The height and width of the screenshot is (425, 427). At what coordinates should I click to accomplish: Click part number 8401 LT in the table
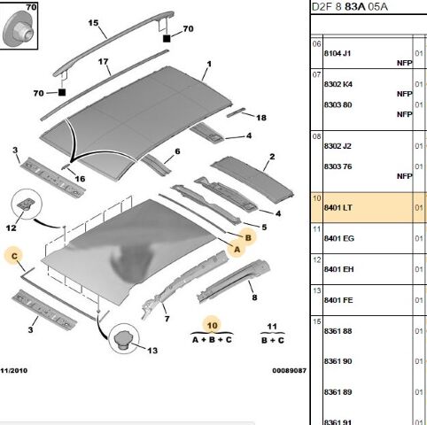point(338,208)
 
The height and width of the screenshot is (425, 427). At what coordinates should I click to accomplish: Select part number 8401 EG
point(338,238)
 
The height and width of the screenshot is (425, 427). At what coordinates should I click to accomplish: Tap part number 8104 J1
point(338,53)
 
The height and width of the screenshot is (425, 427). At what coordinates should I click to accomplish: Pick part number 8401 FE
point(338,300)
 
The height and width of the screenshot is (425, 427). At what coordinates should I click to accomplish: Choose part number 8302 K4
point(338,84)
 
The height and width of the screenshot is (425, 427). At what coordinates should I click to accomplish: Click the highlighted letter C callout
point(14,256)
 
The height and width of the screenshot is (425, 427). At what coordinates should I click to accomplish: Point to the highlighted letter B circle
point(248,237)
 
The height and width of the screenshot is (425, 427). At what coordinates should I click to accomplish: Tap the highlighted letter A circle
point(237,250)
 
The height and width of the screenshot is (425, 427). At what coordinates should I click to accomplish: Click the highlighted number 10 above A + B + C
point(212,326)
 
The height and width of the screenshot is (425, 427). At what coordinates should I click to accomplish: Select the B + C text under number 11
point(273,340)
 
